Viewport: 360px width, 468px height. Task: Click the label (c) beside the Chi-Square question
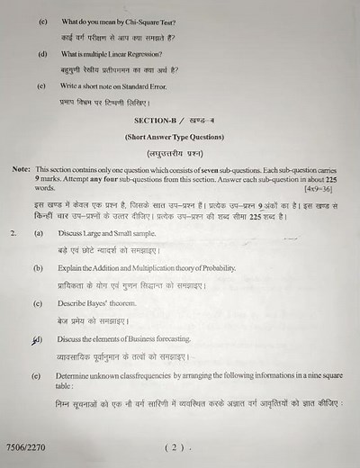40,21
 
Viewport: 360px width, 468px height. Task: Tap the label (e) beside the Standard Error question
40,86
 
